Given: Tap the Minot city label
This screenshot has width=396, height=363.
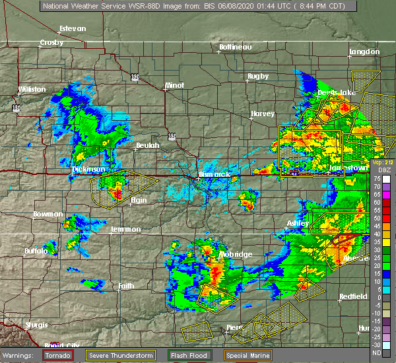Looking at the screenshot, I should [x=174, y=86].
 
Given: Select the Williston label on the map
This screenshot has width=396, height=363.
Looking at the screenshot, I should [x=32, y=89].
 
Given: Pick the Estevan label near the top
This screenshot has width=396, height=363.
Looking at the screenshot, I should [x=73, y=29].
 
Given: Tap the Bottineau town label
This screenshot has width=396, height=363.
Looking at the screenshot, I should [x=236, y=47].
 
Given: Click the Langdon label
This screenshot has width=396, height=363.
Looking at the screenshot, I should [x=364, y=51].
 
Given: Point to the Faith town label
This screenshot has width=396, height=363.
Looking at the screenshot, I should [x=126, y=286].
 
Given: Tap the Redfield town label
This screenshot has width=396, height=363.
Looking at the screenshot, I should [x=353, y=296].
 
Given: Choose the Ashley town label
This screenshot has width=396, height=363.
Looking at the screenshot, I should [x=298, y=224].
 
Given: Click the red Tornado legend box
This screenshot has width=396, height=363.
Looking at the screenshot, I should [x=57, y=355].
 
